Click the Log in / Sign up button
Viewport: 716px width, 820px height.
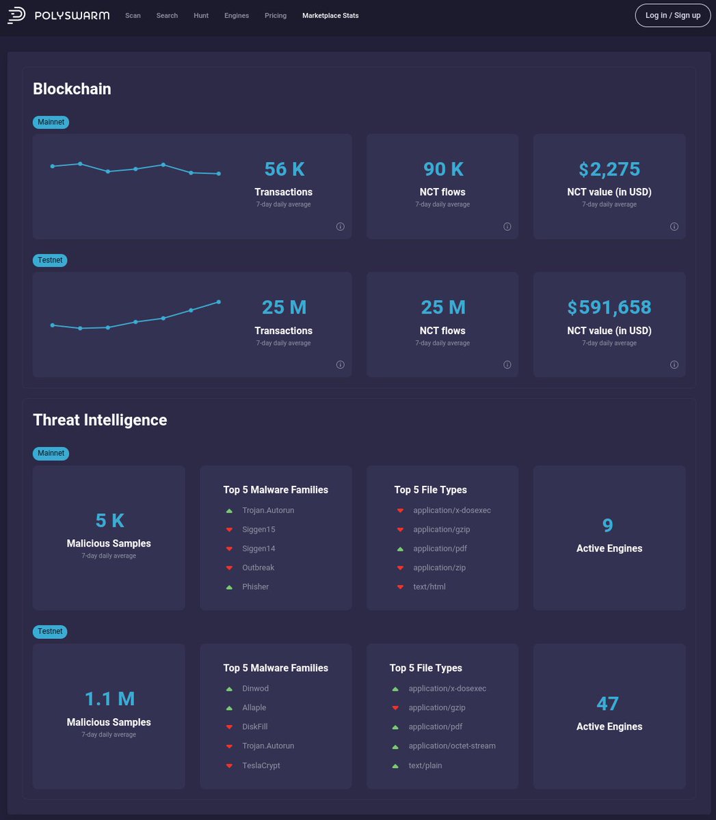point(673,15)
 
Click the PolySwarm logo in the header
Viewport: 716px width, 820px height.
point(58,15)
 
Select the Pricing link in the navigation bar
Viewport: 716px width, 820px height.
point(276,15)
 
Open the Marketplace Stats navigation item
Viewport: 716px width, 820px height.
point(330,15)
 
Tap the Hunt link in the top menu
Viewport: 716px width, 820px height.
point(201,15)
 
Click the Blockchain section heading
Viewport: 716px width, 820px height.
point(72,89)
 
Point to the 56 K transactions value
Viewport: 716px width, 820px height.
point(284,169)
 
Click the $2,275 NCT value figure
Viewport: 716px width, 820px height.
point(609,169)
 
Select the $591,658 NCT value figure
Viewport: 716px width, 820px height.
point(609,307)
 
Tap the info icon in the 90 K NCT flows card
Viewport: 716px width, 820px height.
point(507,227)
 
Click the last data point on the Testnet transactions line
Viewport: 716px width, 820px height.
point(219,301)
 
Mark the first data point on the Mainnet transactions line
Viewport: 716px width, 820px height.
point(53,166)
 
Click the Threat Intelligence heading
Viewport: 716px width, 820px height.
point(100,420)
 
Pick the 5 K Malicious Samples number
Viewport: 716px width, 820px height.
point(109,521)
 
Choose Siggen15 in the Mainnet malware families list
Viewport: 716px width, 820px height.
point(258,530)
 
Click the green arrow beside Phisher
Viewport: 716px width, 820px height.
point(229,587)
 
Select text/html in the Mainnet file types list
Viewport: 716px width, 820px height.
point(429,587)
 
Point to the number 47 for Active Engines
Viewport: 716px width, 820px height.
point(607,703)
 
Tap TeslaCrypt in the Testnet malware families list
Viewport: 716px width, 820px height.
point(261,765)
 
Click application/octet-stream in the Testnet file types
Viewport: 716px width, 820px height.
point(451,746)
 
